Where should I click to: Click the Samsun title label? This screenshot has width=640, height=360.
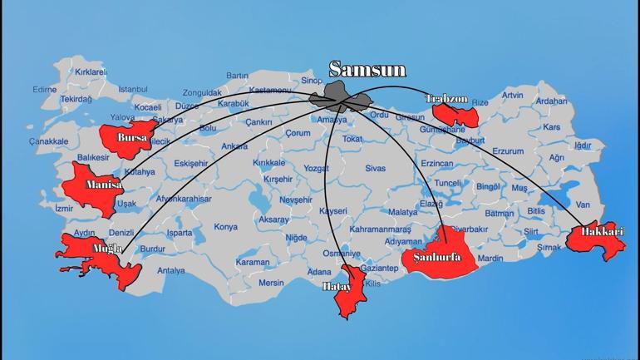pos(367,69)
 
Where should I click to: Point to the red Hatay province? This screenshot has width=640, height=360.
pos(351,291)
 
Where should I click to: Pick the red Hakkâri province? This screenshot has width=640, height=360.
pos(595,239)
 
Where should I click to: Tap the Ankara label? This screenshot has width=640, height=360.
pos(234,146)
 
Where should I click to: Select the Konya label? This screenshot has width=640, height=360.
pos(225,227)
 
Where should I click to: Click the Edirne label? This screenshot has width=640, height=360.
pos(45,89)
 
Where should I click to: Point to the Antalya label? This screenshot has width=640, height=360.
pos(171,270)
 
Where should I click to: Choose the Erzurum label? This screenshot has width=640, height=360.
pos(507,151)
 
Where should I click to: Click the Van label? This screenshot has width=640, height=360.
pos(583,205)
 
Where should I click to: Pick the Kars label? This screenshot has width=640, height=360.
pos(552,127)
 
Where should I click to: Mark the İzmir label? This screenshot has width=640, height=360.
pos(64,209)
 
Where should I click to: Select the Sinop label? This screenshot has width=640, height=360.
pos(311,81)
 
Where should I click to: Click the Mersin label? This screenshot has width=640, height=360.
pos(271,283)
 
